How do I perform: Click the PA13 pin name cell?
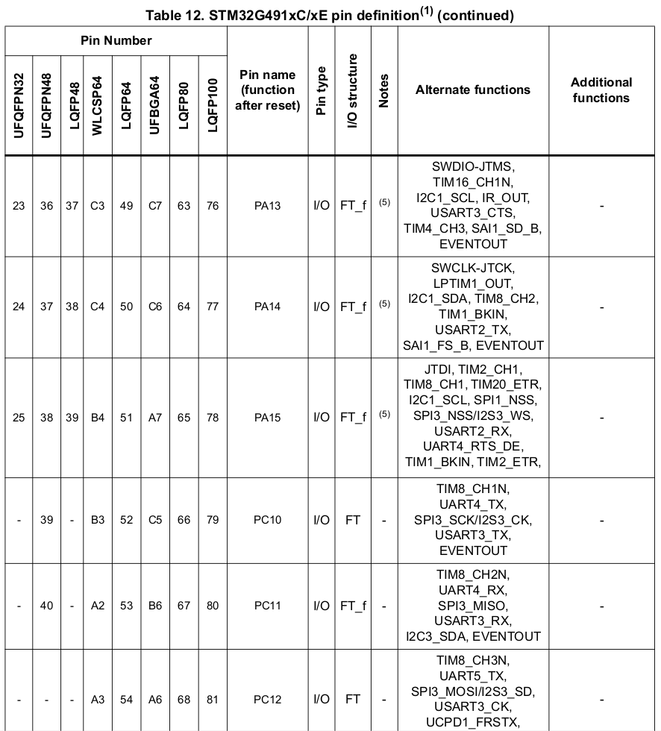click(x=267, y=206)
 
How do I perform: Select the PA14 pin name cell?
click(x=267, y=307)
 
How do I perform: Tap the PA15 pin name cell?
click(x=267, y=418)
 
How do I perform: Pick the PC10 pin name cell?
click(x=267, y=520)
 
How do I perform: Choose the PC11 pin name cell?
click(x=267, y=606)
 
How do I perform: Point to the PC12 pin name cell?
click(x=267, y=700)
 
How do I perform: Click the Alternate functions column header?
click(x=473, y=90)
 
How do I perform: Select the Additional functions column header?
click(x=601, y=90)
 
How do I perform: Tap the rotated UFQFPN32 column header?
click(x=19, y=106)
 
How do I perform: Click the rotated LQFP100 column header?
click(x=213, y=106)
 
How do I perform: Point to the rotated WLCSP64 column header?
click(x=97, y=106)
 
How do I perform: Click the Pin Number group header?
click(x=116, y=40)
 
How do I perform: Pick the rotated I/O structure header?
click(x=354, y=90)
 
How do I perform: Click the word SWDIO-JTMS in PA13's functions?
click(x=473, y=166)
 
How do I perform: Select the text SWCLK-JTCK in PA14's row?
click(x=473, y=267)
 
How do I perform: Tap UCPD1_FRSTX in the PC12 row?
click(x=473, y=722)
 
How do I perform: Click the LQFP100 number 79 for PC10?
click(x=213, y=520)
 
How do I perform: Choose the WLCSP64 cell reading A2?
click(x=97, y=606)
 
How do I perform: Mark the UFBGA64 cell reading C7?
click(x=154, y=206)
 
